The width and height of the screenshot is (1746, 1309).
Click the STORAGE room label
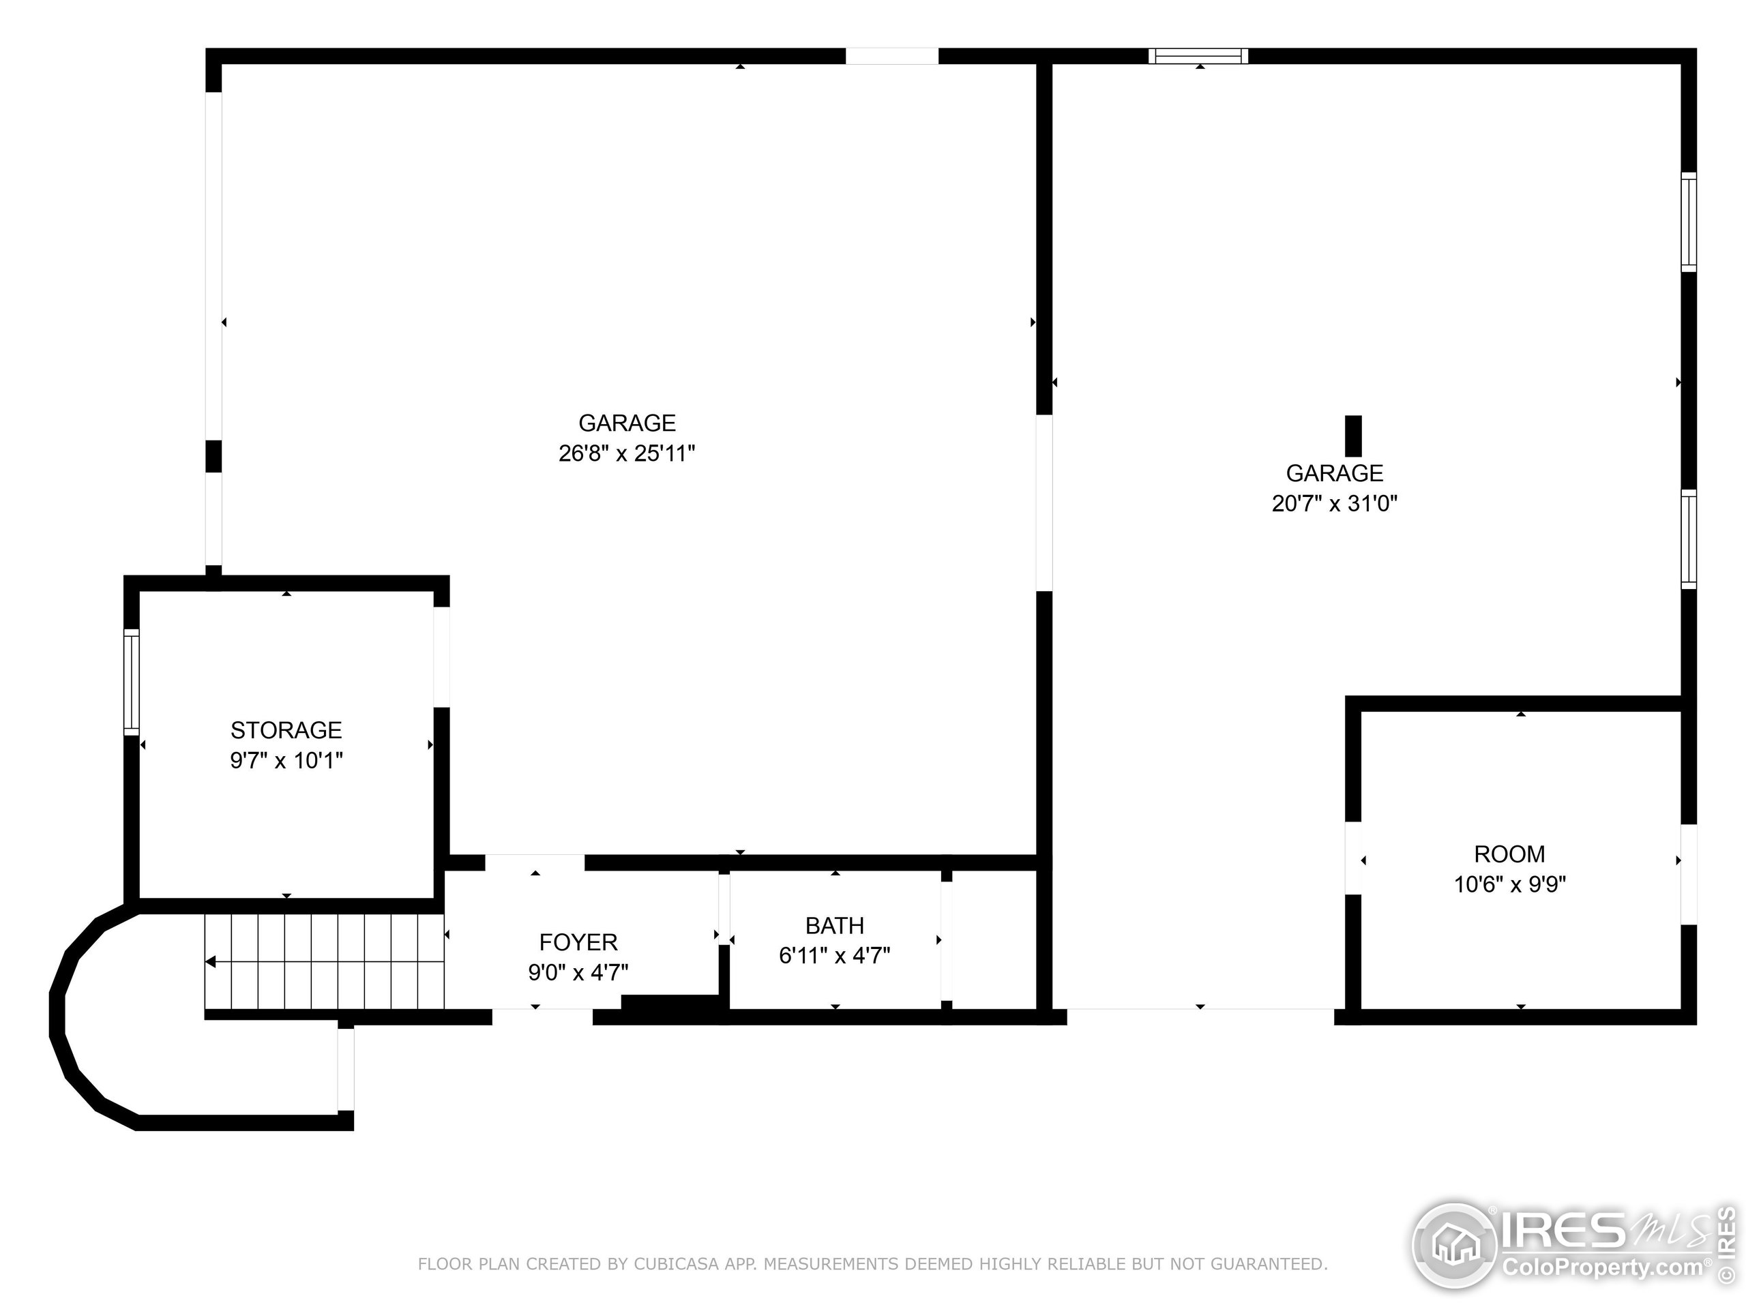[286, 730]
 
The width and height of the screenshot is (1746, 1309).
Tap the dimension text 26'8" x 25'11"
[627, 453]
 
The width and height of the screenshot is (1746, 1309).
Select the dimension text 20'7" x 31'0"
[1334, 503]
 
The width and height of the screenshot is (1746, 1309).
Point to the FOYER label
[578, 942]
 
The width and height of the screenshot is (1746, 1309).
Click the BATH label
[834, 926]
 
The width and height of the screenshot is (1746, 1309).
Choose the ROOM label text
[1509, 854]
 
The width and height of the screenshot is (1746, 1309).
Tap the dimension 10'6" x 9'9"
[1509, 884]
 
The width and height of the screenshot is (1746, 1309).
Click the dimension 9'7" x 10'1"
[286, 761]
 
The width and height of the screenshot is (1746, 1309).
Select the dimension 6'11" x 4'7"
[834, 957]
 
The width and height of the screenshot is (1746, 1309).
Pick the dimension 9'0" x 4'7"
[578, 972]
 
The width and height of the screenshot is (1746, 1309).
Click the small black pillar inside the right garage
[1353, 436]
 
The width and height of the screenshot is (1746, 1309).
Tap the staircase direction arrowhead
[211, 962]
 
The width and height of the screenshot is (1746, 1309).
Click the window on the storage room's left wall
[132, 682]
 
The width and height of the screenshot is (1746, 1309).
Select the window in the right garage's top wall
[1198, 56]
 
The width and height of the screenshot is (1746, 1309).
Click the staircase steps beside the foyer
[324, 961]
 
